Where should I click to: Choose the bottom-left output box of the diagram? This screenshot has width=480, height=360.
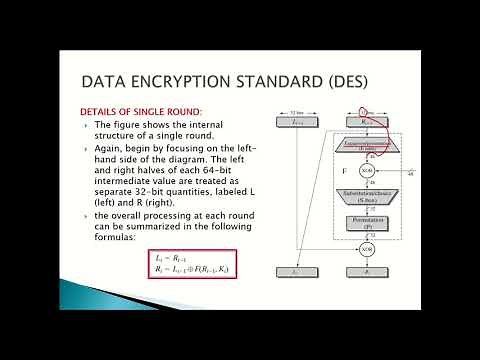click(x=296, y=271)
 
